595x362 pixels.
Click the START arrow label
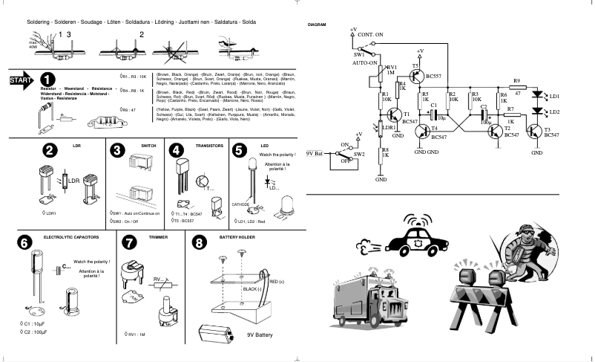click(19, 80)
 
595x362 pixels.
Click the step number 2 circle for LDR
click(50, 149)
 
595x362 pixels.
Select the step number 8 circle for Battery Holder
click(199, 242)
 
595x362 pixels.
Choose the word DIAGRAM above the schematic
click(318, 25)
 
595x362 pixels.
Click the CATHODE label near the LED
click(242, 204)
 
